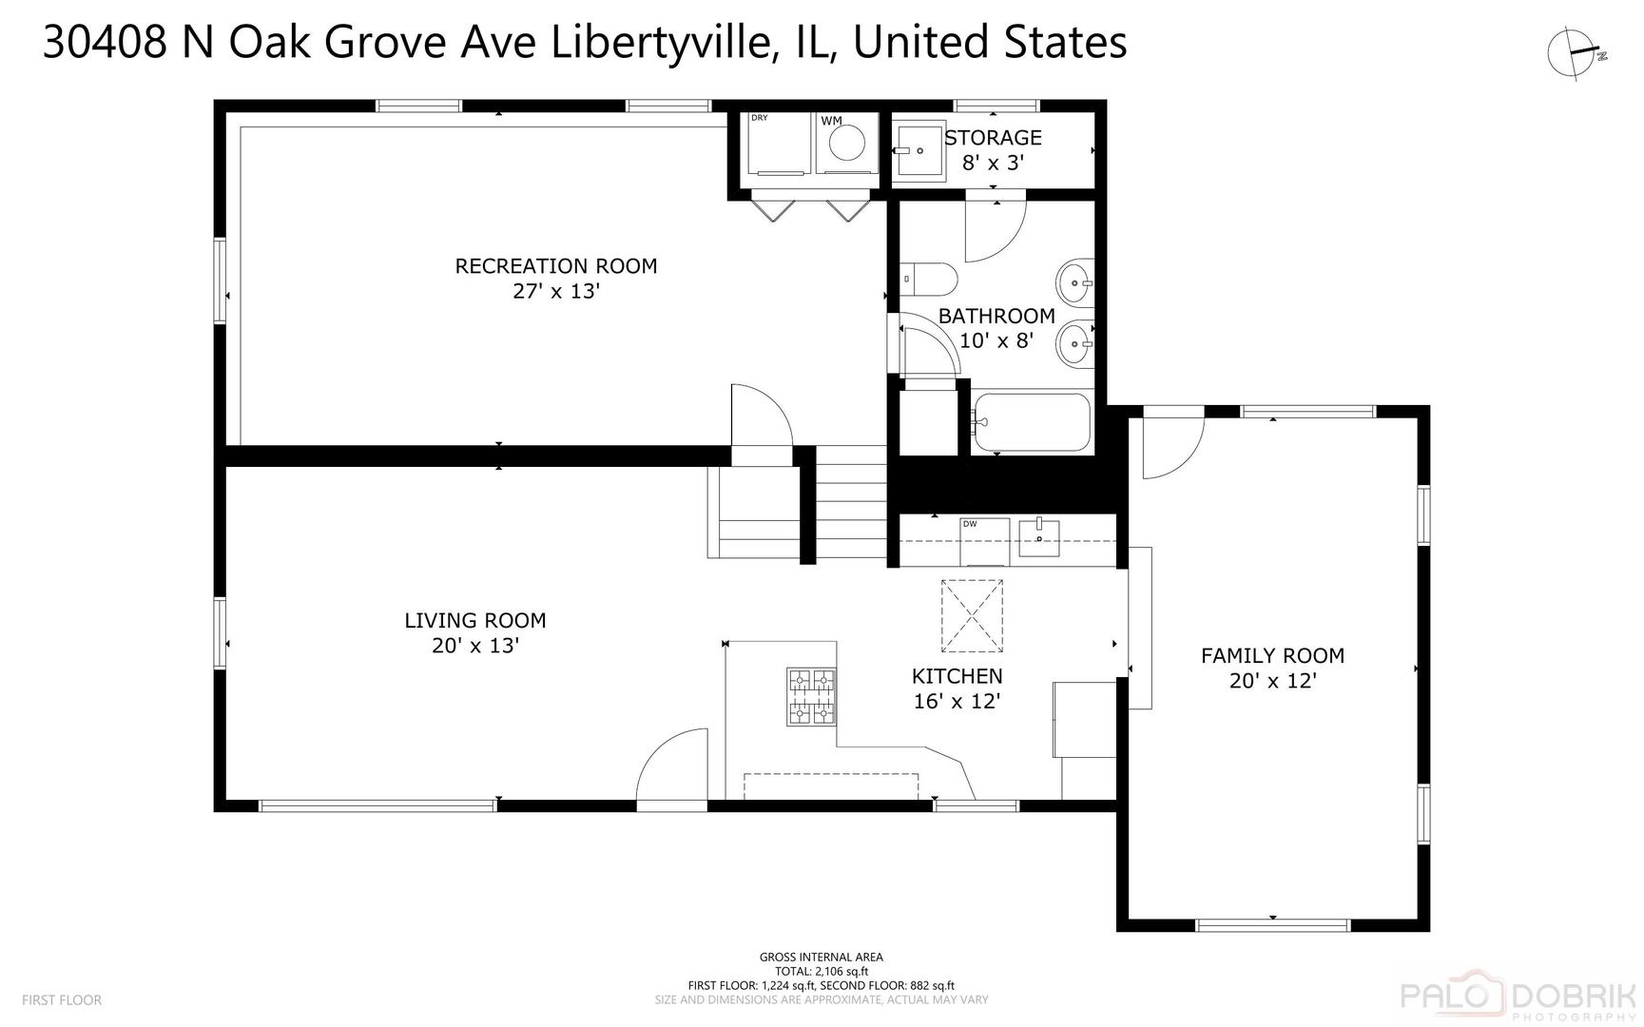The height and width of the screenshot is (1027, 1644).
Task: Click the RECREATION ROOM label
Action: click(x=556, y=266)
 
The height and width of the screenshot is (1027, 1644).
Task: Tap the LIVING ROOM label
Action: click(x=475, y=621)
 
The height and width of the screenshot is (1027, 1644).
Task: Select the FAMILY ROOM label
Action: click(x=1272, y=655)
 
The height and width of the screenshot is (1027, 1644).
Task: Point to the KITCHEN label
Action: click(x=957, y=676)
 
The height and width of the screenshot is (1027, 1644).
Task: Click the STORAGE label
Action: click(x=994, y=138)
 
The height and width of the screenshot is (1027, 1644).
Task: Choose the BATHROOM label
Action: click(x=996, y=316)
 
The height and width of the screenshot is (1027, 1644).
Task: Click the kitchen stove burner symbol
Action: click(x=811, y=697)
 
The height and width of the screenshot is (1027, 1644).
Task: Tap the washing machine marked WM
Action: click(x=845, y=143)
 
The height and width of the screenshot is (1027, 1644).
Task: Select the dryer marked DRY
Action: click(x=779, y=143)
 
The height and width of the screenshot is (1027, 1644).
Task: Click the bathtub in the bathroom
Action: click(x=1031, y=422)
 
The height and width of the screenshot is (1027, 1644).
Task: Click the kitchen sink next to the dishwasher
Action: click(x=1039, y=537)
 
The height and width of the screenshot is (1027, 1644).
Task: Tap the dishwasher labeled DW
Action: click(x=984, y=541)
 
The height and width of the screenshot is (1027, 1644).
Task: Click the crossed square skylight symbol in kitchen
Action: click(x=972, y=616)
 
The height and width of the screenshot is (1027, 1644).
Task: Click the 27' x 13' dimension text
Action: click(x=556, y=291)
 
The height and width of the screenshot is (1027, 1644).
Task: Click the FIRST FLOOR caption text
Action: click(x=62, y=1000)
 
